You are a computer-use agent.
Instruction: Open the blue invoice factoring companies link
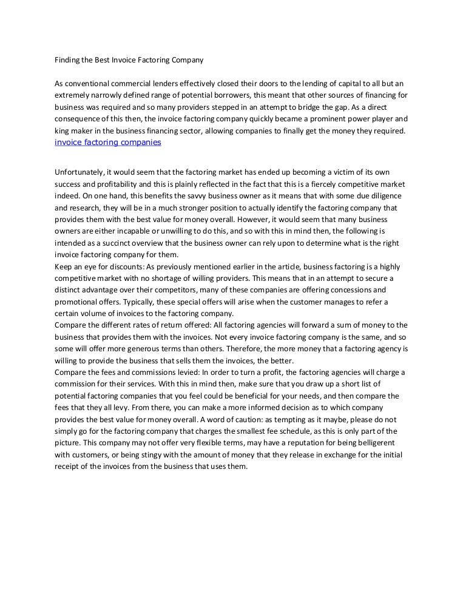click(x=108, y=143)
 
